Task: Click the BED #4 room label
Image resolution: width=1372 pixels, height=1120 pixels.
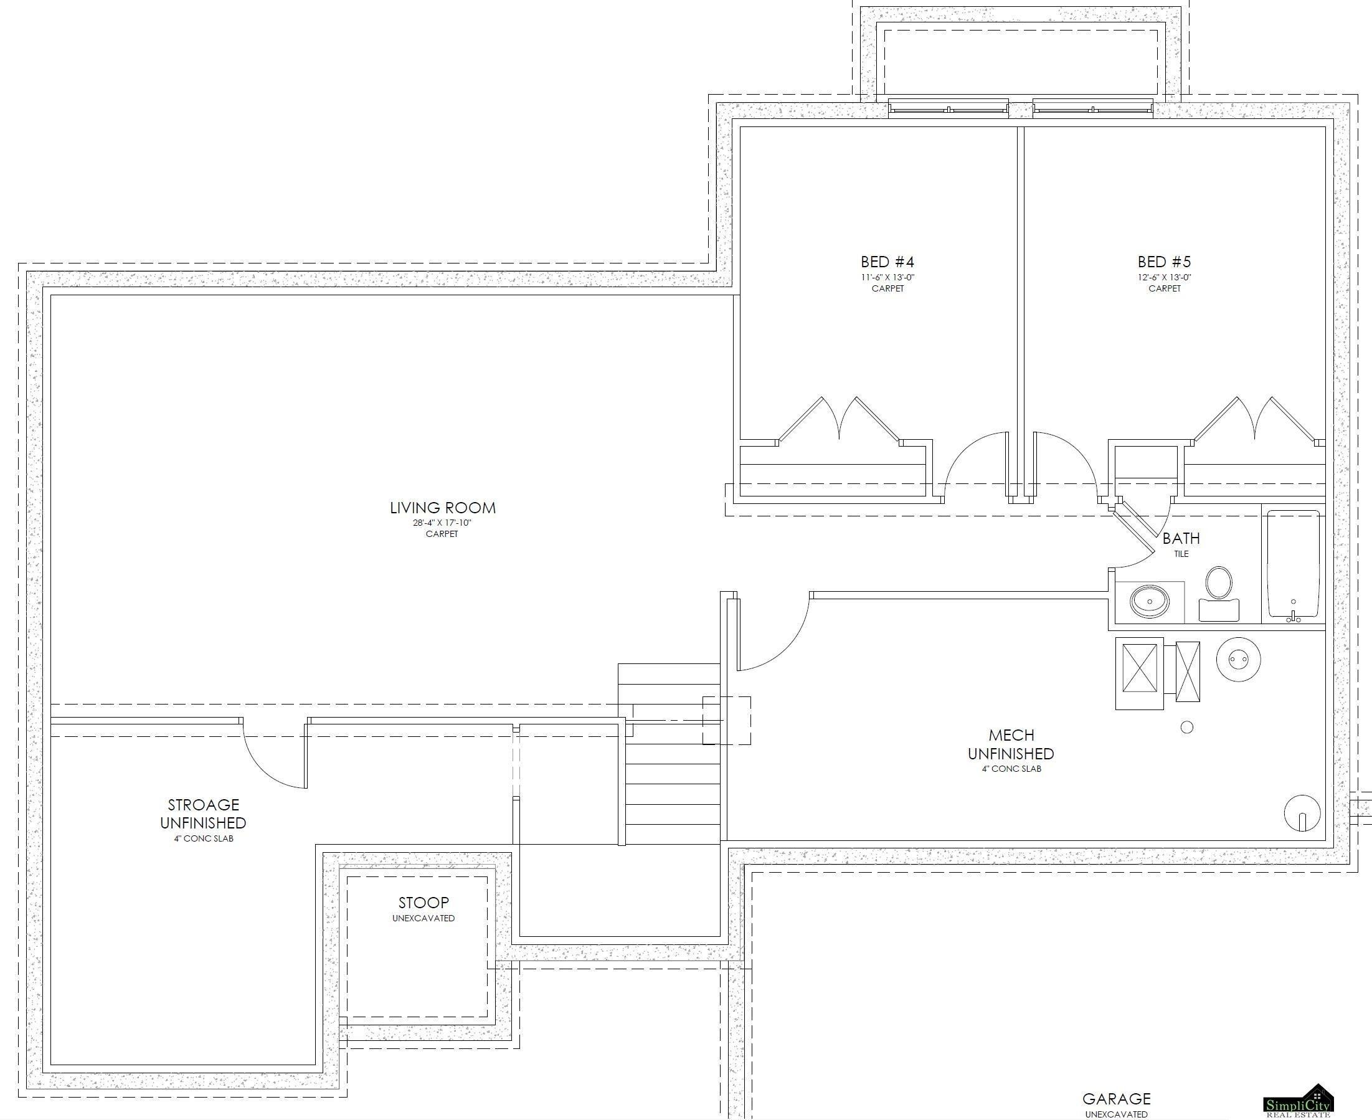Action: click(887, 262)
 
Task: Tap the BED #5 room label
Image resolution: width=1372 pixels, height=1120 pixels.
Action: click(1163, 262)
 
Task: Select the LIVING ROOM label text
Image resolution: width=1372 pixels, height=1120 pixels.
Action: click(443, 508)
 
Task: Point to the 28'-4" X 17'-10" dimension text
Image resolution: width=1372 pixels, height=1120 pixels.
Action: click(443, 523)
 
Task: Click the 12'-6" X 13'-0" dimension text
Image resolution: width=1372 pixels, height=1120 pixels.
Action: click(1164, 277)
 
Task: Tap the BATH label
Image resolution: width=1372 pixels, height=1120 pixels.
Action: click(1181, 538)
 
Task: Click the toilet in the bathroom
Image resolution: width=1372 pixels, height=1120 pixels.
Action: click(1218, 594)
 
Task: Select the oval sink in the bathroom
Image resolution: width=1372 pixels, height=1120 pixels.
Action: click(1149, 602)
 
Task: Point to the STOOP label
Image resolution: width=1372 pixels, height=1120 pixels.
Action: click(423, 903)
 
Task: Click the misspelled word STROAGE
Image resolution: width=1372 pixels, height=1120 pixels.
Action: click(203, 805)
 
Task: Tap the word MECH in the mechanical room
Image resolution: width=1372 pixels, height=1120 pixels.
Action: click(1011, 735)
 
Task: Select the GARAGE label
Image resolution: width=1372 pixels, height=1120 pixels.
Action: click(1116, 1099)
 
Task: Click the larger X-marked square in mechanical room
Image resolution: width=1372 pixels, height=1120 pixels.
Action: click(1140, 673)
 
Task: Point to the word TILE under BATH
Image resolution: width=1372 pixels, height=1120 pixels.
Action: click(1181, 554)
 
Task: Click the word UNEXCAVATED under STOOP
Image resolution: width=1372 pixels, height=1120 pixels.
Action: click(423, 918)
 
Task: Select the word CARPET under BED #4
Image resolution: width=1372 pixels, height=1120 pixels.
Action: click(887, 288)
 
